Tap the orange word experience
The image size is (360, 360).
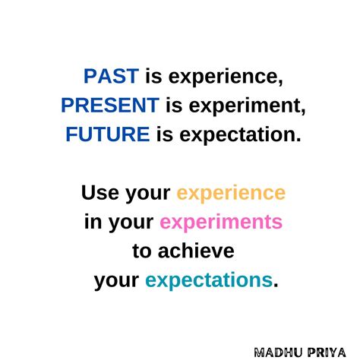click(x=231, y=194)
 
